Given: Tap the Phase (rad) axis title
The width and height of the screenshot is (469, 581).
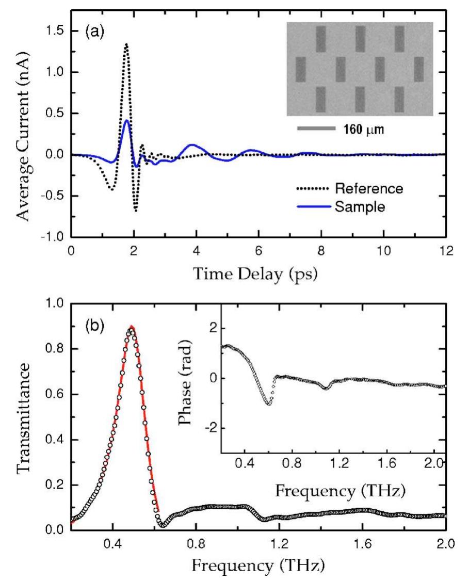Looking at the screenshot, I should pos(199,378).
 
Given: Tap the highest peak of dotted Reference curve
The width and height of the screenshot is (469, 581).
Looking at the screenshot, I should pos(125,45).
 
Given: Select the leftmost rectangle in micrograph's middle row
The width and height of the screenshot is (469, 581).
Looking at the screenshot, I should pos(301,69).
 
